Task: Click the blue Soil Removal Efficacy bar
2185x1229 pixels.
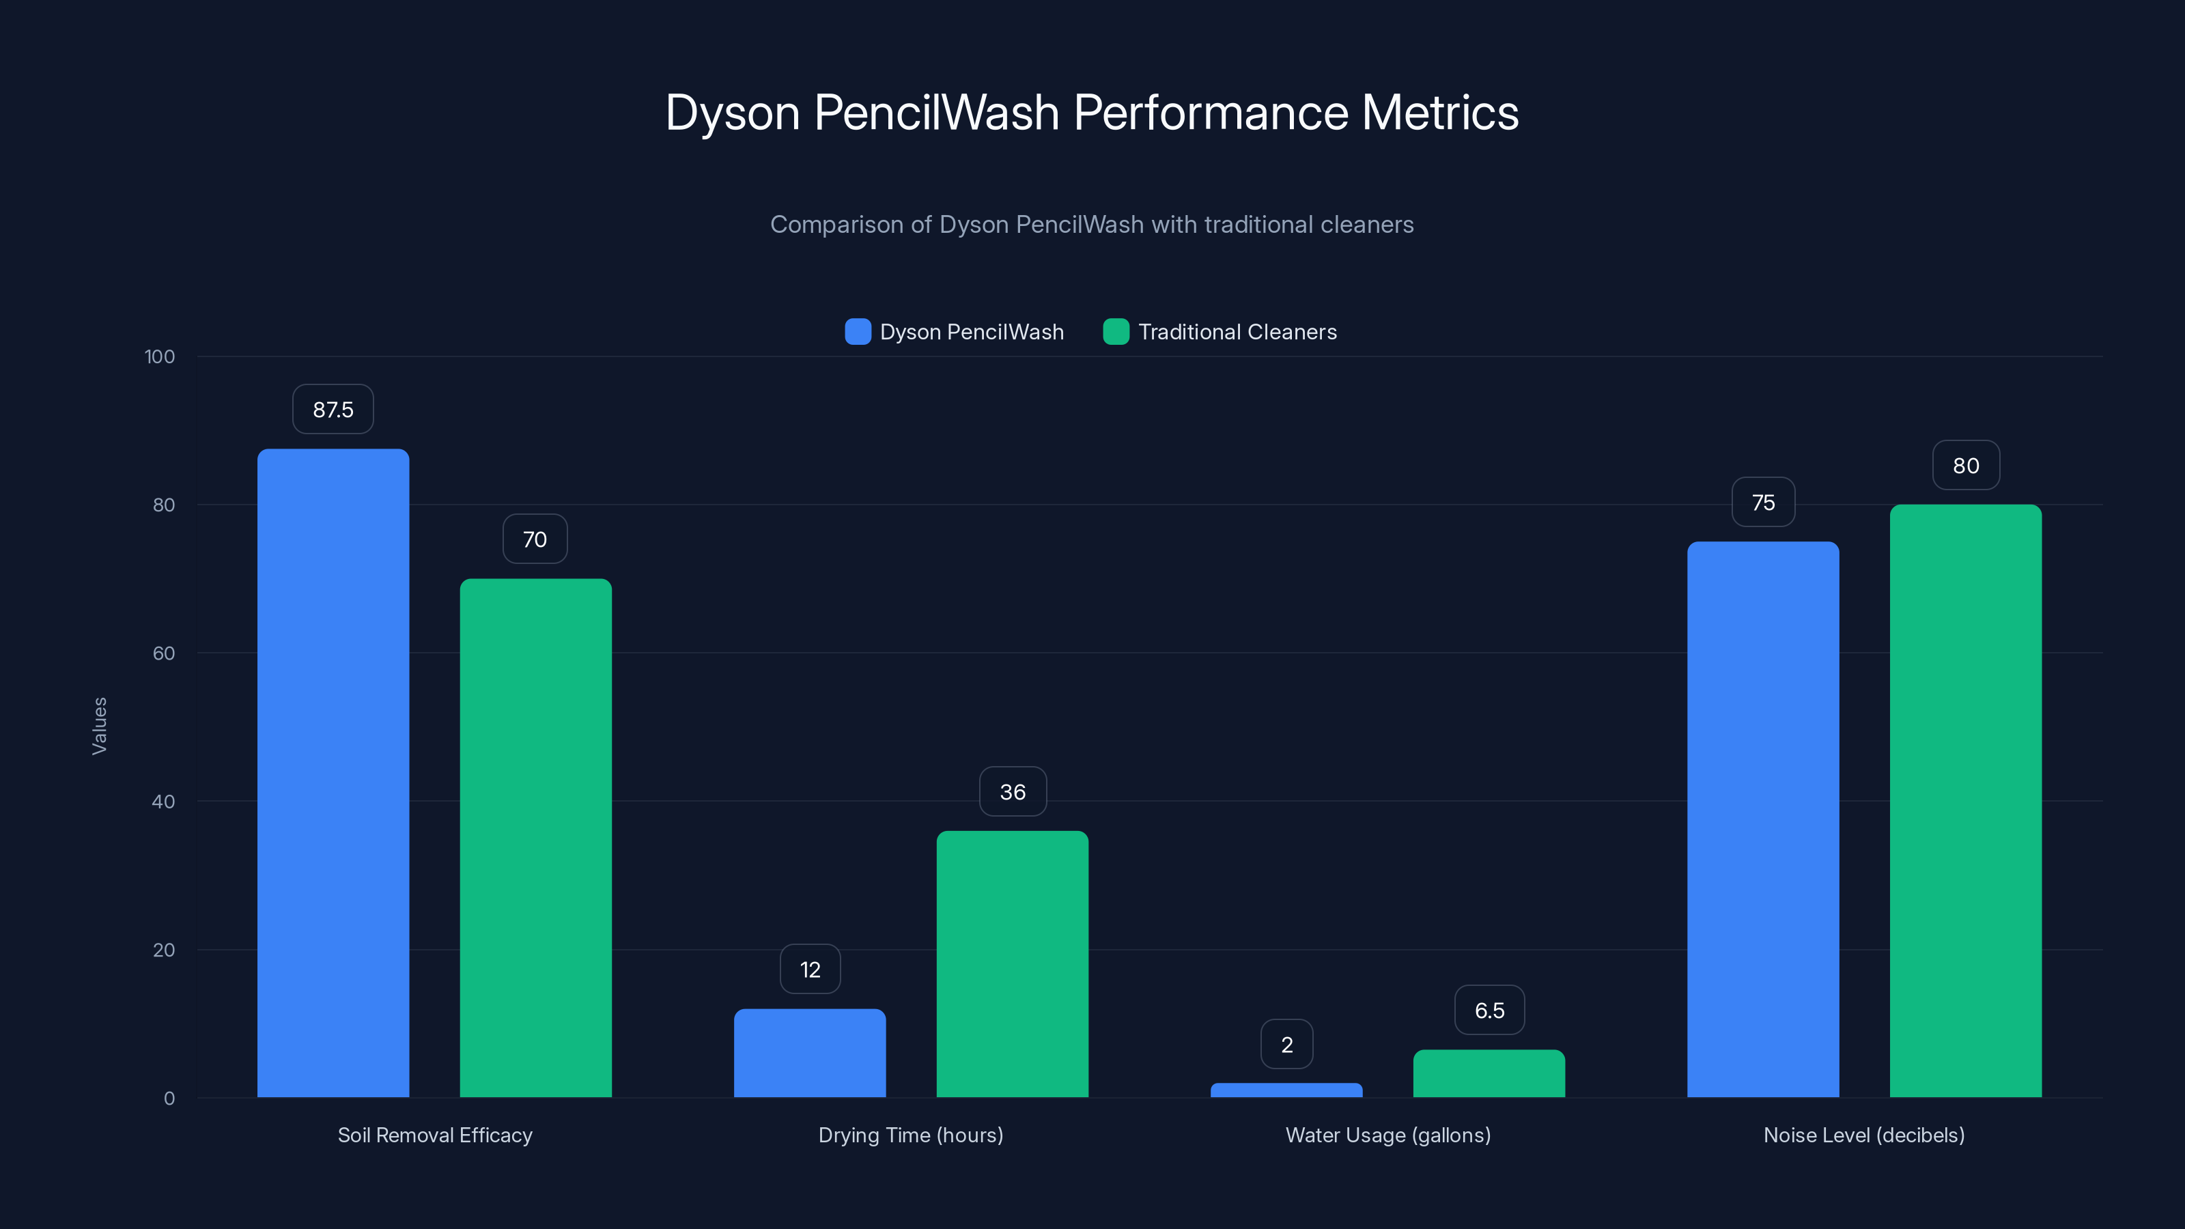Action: click(333, 772)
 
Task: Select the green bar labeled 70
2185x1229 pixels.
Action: click(535, 837)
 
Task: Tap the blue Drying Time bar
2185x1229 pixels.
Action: click(809, 1053)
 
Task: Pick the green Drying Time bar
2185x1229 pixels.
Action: click(1012, 963)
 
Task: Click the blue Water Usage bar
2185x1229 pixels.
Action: click(1286, 1090)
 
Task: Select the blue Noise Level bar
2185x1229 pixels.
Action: click(1762, 819)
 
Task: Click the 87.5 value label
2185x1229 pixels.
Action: click(333, 410)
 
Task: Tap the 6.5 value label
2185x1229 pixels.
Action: click(1489, 1011)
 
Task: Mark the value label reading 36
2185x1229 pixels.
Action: click(1013, 791)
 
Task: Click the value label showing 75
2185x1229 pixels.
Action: click(1764, 502)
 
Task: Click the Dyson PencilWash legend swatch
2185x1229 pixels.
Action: click(858, 332)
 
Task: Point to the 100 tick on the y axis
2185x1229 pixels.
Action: click(160, 356)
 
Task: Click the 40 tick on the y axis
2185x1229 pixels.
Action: click(164, 802)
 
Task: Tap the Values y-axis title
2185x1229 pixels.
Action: click(99, 725)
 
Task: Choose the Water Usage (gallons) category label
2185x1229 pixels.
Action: click(1387, 1135)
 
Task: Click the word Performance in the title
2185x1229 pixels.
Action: click(1211, 113)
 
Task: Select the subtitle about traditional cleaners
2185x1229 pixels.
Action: click(1092, 225)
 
